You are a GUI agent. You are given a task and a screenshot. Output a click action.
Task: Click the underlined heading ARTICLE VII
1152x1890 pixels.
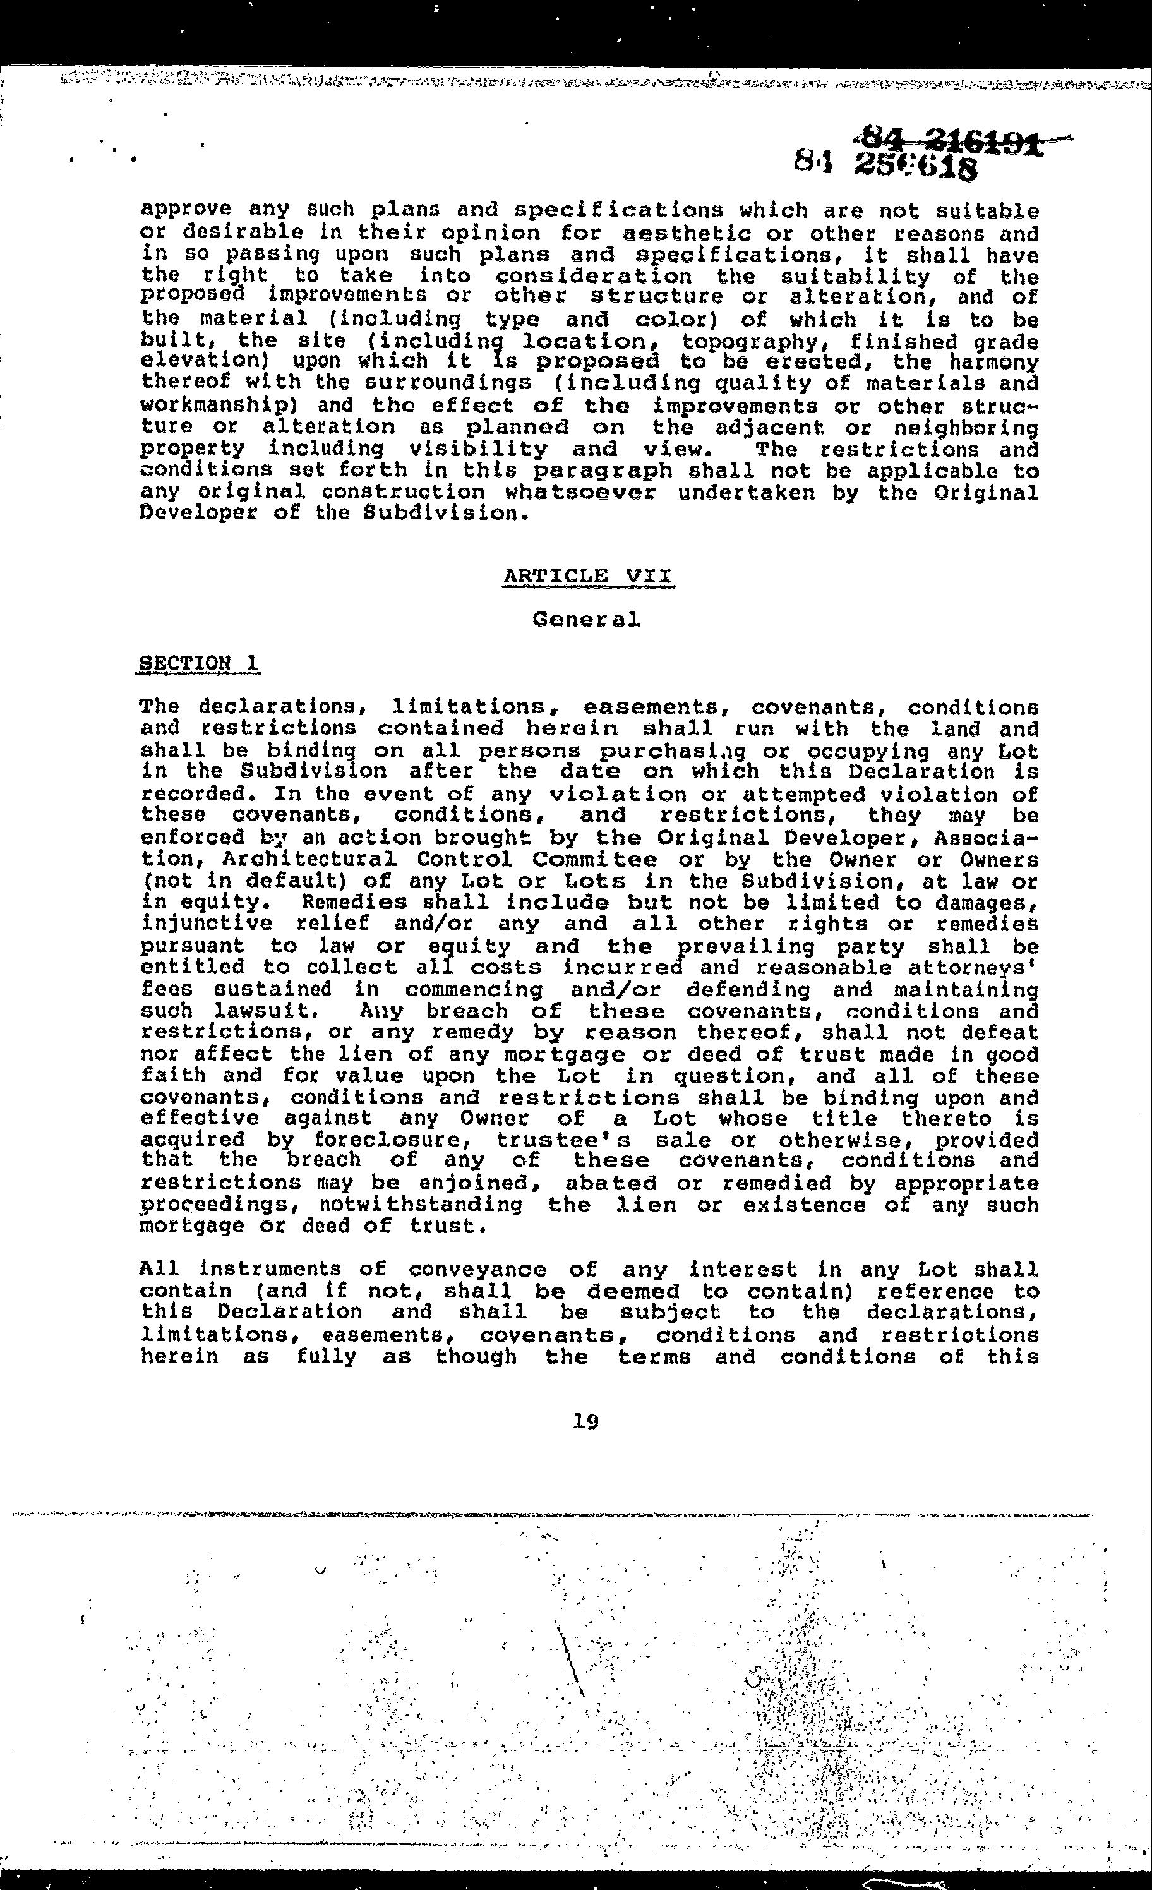click(588, 576)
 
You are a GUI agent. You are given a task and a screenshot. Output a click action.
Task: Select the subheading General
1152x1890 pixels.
click(586, 618)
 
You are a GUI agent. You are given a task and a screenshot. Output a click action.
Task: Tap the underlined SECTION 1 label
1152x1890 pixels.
click(198, 663)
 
